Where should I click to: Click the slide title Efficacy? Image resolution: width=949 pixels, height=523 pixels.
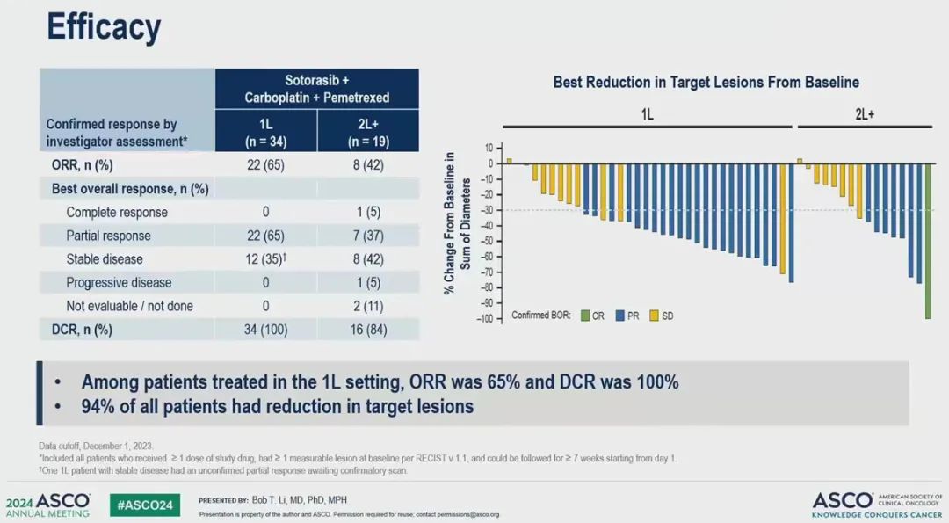tap(104, 28)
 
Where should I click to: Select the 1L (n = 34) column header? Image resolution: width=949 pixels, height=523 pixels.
tap(265, 134)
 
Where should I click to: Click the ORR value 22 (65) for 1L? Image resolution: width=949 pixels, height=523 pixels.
tap(265, 165)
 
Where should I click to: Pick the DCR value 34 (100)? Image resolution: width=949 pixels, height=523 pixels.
tap(265, 330)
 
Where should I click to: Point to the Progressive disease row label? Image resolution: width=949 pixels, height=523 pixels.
tap(119, 283)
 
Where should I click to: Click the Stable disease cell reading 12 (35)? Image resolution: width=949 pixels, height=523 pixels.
tap(265, 259)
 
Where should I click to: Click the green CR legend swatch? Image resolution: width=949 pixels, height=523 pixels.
tap(585, 316)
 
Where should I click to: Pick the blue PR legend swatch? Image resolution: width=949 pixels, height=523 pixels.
tap(620, 316)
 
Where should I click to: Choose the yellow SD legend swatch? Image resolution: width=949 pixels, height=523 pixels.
tap(655, 316)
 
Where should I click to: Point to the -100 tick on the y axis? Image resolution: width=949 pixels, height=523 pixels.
tap(482, 318)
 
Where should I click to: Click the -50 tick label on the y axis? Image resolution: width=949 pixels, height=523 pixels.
tap(485, 240)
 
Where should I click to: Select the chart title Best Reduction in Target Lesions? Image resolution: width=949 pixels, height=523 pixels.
tap(706, 83)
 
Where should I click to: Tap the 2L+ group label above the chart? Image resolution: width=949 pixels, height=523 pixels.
tap(865, 114)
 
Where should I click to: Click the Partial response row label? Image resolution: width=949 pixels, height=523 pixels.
tap(108, 236)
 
